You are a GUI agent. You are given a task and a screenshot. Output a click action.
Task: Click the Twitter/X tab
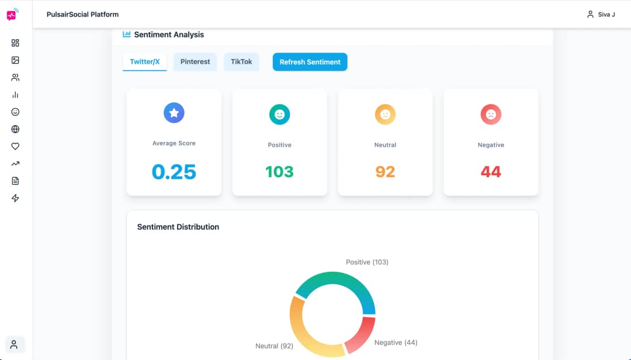tap(144, 62)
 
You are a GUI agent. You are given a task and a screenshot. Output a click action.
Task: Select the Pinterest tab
tap(195, 62)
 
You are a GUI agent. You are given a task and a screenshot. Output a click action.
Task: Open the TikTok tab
tap(241, 62)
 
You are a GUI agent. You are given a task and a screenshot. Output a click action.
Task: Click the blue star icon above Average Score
tap(174, 113)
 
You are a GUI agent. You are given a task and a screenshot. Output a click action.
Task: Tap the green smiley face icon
tap(279, 115)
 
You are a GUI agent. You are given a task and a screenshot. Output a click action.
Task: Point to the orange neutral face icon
tap(385, 115)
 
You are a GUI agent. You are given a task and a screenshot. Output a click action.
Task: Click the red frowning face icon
tap(491, 115)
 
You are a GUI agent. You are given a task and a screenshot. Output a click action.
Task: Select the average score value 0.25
tap(174, 172)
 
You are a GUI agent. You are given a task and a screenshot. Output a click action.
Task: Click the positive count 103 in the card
tap(279, 172)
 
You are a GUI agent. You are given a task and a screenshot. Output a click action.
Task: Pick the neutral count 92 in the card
tap(385, 172)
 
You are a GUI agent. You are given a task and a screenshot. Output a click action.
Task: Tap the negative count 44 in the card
tap(491, 172)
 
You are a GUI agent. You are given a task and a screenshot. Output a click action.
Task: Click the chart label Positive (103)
tap(367, 262)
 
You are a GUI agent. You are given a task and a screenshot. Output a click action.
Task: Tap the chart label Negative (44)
tap(396, 342)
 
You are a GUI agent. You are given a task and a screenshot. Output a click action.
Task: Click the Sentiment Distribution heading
tap(178, 227)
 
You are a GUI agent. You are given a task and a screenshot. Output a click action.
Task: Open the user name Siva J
tap(606, 15)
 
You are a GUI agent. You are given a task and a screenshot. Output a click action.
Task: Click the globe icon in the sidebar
tap(15, 129)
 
